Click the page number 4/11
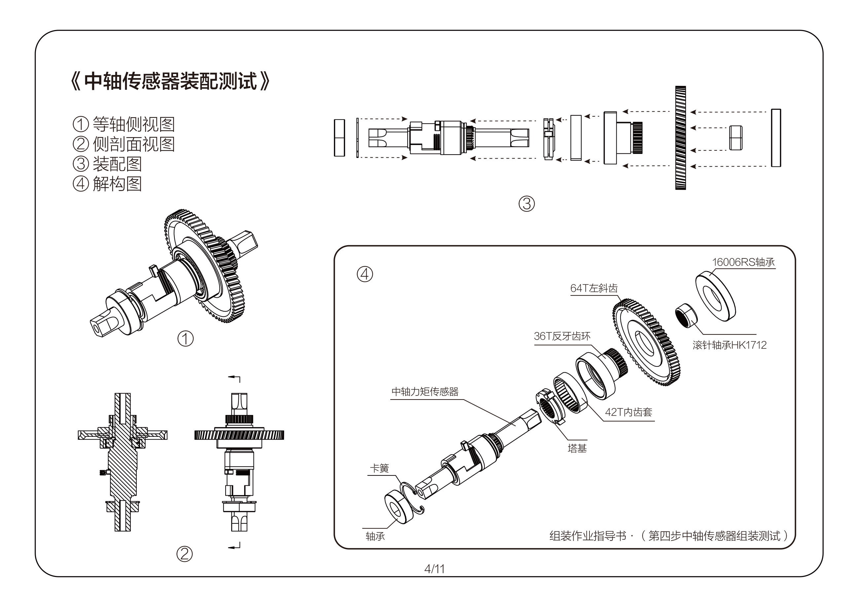tap(434, 569)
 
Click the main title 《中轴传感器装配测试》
tap(170, 81)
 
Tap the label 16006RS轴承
tap(743, 262)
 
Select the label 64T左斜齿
tap(594, 288)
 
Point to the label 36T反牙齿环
tap(562, 336)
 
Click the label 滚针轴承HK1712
tap(730, 345)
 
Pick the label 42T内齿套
tap(628, 412)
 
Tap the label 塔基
tap(577, 448)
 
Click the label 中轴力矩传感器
tap(425, 392)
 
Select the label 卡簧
tap(379, 468)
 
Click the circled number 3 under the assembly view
tap(526, 204)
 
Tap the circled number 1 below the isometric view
tap(185, 339)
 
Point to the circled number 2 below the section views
tap(184, 554)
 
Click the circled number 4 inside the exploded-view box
tap(365, 274)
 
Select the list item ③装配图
tap(107, 164)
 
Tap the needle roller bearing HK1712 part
tap(686, 315)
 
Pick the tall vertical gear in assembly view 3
tap(681, 138)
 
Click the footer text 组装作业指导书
tap(588, 536)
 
